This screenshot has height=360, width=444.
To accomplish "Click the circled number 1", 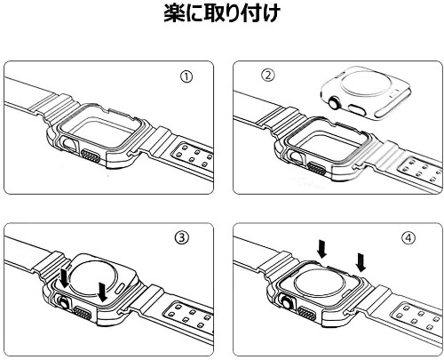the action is click(186, 77).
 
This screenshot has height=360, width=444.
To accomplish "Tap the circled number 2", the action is click(268, 76).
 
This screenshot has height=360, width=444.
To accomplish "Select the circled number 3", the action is click(182, 237).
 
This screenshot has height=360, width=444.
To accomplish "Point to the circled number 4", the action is click(408, 237).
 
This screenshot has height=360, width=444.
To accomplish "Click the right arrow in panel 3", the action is click(102, 292).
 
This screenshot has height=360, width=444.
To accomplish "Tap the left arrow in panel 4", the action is click(321, 249).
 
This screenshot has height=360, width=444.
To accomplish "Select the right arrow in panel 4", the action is click(361, 262).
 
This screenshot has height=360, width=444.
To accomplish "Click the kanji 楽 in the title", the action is click(175, 13).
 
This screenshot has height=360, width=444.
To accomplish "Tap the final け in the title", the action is click(269, 13).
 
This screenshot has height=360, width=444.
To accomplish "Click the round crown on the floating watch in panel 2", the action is click(335, 103).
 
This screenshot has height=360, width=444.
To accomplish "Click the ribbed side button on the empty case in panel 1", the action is click(91, 156).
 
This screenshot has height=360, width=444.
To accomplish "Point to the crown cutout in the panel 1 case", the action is click(69, 146).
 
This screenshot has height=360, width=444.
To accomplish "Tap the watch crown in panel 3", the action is click(63, 303).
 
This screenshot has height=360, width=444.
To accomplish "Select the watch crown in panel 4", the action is click(288, 302).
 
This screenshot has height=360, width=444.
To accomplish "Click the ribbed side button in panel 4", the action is click(307, 313).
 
